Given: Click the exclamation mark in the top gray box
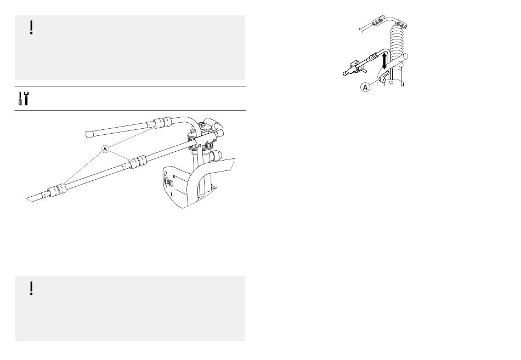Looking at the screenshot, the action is pyautogui.click(x=31, y=27).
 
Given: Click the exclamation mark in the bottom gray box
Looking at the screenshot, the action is pyautogui.click(x=31, y=288).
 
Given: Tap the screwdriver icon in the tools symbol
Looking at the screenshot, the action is pyautogui.click(x=20, y=99).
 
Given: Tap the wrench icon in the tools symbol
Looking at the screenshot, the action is pyautogui.click(x=26, y=98).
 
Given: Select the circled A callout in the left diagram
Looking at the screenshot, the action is pyautogui.click(x=105, y=149).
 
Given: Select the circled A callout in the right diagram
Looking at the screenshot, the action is pyautogui.click(x=365, y=87).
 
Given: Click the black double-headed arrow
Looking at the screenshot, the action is pyautogui.click(x=384, y=60).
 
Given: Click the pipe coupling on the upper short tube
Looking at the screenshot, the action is pyautogui.click(x=163, y=123).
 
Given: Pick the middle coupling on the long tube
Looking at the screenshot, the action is pyautogui.click(x=138, y=162).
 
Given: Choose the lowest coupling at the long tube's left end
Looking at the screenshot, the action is pyautogui.click(x=56, y=192).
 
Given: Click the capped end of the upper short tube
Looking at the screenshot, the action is pyautogui.click(x=89, y=134).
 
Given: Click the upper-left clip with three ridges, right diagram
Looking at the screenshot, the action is pyautogui.click(x=378, y=21).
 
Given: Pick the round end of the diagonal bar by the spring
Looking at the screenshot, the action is pyautogui.click(x=405, y=56).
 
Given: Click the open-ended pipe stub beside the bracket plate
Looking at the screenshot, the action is pyautogui.click(x=218, y=155).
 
